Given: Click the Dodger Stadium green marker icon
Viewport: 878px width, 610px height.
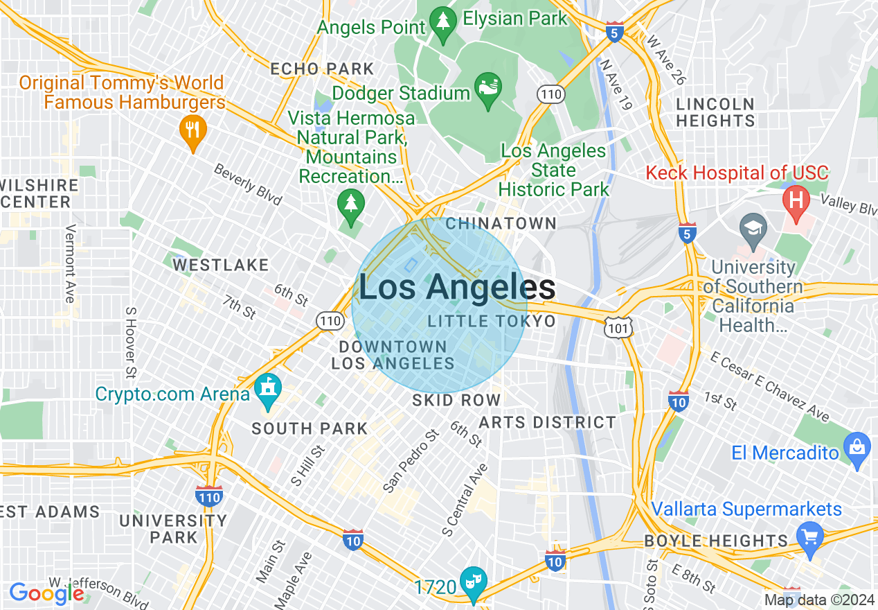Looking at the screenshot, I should (488, 89).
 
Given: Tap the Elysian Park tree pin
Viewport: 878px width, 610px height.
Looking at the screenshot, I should (442, 23).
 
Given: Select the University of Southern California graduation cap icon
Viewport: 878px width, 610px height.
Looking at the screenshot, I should (752, 228).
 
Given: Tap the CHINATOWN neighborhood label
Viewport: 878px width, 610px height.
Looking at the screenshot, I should (501, 223).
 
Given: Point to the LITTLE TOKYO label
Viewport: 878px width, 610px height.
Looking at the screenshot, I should (492, 322).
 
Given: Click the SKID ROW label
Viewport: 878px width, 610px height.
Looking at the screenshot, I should (456, 400).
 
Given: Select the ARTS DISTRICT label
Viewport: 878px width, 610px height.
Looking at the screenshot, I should (548, 422).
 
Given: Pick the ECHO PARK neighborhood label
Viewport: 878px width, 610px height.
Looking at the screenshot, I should (322, 69).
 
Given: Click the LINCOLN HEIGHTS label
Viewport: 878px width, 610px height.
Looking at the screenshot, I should (715, 112).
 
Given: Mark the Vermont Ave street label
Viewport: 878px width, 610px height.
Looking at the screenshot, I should (69, 263).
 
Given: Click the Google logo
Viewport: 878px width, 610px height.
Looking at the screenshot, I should (46, 593).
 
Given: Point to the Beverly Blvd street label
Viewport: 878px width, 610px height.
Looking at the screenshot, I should (248, 184).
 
